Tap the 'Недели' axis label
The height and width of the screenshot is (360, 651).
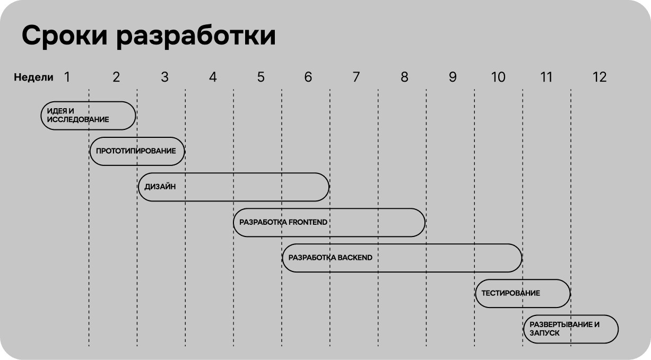[33, 77]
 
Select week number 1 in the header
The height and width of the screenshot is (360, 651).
[67, 77]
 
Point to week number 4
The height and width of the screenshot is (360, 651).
[213, 77]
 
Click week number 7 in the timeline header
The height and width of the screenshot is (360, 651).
[356, 77]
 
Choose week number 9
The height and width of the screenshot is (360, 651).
[453, 77]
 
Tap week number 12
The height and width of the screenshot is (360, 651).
[599, 77]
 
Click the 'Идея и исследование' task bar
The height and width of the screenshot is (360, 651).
[88, 116]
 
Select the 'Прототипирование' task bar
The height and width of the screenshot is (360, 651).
[137, 151]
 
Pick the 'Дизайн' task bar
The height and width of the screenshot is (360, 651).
[233, 187]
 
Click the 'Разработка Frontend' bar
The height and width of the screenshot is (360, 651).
[329, 222]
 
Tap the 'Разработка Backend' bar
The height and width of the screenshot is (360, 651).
[402, 258]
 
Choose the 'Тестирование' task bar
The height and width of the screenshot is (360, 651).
[523, 293]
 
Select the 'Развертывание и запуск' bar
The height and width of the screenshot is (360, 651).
[571, 329]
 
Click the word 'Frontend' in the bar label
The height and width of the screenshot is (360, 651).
[308, 222]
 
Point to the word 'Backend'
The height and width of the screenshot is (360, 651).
[355, 258]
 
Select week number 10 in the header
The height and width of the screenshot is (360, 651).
[498, 77]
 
